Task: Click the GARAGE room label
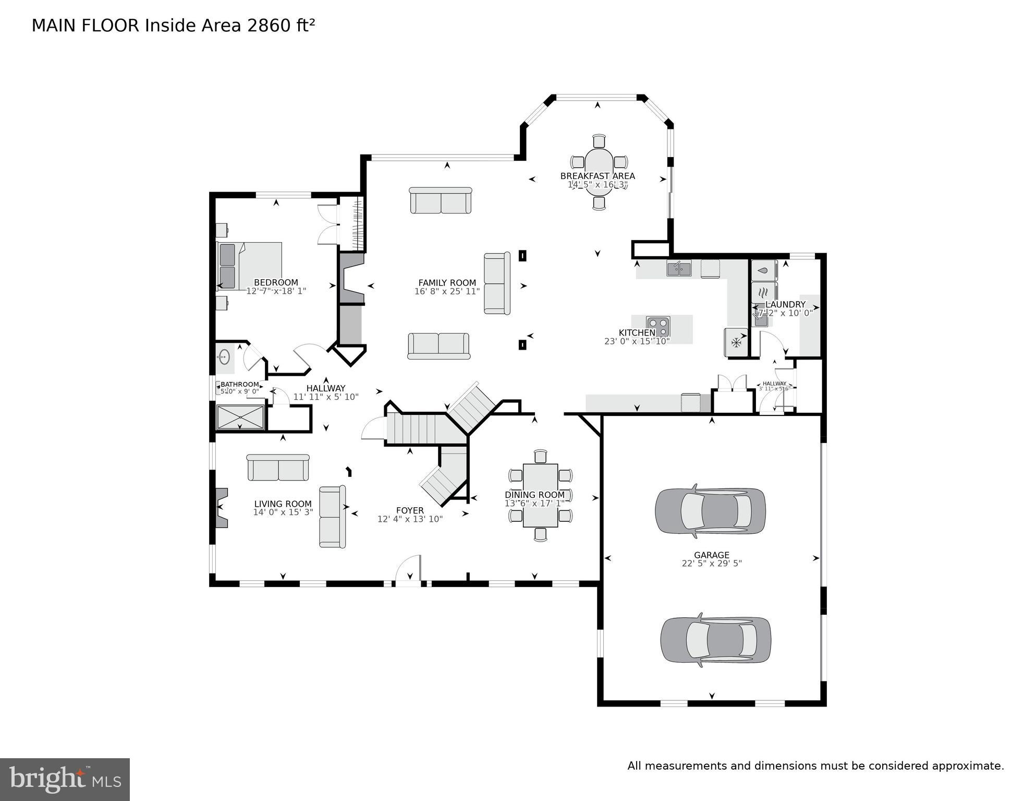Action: pos(711,555)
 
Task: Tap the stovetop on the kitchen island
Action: pos(658,327)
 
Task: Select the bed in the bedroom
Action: pos(249,266)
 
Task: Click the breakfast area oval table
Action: pos(599,172)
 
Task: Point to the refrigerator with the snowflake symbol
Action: pos(736,342)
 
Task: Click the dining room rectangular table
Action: pos(540,495)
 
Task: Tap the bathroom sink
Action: pos(224,357)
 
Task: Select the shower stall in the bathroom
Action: pos(240,417)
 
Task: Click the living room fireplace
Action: pos(221,508)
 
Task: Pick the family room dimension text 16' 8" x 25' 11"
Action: pos(447,292)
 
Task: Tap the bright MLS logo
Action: pos(65,779)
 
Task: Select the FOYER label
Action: pos(410,510)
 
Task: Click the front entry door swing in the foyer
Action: pos(408,569)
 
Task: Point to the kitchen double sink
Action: pos(678,269)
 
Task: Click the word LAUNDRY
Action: pos(785,304)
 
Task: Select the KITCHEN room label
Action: pos(637,333)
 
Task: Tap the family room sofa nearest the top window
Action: pos(441,200)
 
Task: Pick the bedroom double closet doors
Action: pos(328,224)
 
